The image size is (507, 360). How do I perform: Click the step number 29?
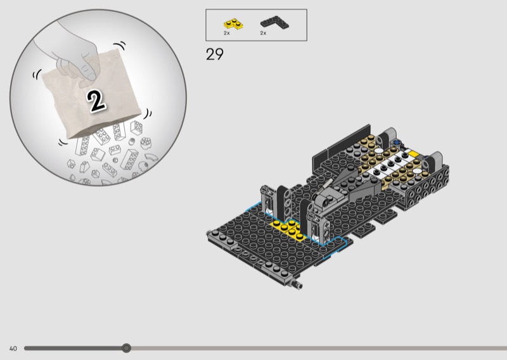coord(214,54)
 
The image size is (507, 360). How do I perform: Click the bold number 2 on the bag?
coord(96,101)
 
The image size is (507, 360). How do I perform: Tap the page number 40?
coord(13,349)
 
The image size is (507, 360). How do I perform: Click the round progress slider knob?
coord(126,348)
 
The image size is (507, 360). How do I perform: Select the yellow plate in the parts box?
coord(233,24)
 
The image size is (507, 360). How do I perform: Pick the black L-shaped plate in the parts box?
coord(275,22)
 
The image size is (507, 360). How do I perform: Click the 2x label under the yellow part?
coord(227,33)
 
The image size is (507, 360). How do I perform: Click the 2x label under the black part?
coord(263,33)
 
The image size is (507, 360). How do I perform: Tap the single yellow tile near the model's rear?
coord(413,153)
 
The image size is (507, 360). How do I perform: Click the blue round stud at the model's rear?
coord(396,143)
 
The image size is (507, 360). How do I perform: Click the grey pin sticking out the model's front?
coord(297,285)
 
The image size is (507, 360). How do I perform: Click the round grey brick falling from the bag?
coord(146,143)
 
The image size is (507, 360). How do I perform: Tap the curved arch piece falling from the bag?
coord(151,157)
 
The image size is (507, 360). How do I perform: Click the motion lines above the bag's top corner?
coord(120,45)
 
